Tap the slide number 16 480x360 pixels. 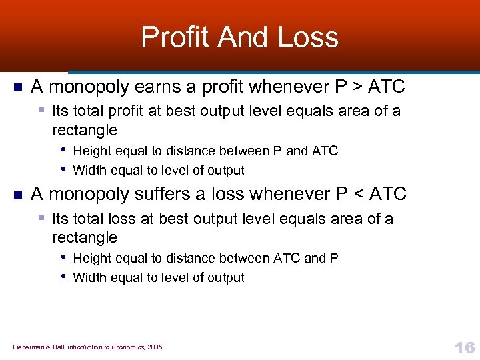tap(464, 347)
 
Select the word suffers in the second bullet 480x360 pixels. tap(167, 194)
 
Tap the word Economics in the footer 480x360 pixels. tap(127, 347)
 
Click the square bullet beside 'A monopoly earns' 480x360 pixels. tap(18, 87)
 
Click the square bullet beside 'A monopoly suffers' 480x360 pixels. tap(18, 195)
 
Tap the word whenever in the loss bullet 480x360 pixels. tap(292, 194)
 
